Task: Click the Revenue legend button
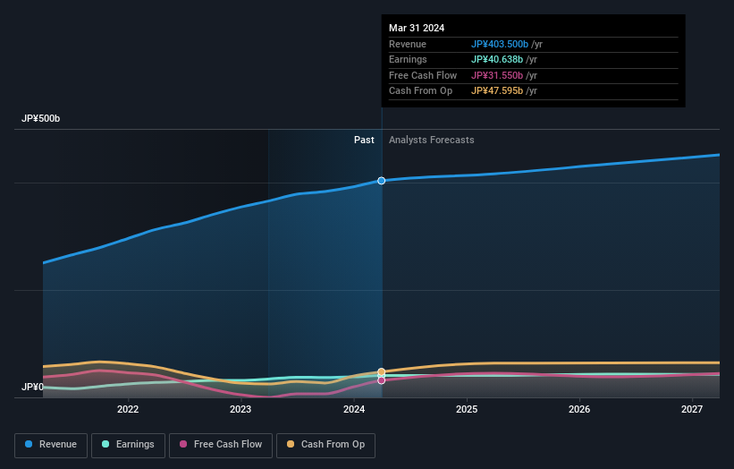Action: tap(51, 444)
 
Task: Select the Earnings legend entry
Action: tap(127, 444)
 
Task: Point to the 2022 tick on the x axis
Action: tap(128, 409)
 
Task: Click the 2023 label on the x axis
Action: tap(240, 409)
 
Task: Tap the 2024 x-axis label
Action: tap(354, 409)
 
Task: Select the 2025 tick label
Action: tap(467, 409)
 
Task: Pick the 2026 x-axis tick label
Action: tap(579, 409)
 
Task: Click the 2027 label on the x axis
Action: tap(692, 409)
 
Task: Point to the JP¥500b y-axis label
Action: tap(40, 119)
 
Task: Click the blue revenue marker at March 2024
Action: tap(382, 181)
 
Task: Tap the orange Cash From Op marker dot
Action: tap(382, 371)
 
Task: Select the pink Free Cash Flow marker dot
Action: tap(382, 380)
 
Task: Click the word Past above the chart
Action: tap(364, 140)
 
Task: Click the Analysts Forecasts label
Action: tap(431, 140)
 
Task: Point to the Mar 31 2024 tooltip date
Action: tap(417, 29)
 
